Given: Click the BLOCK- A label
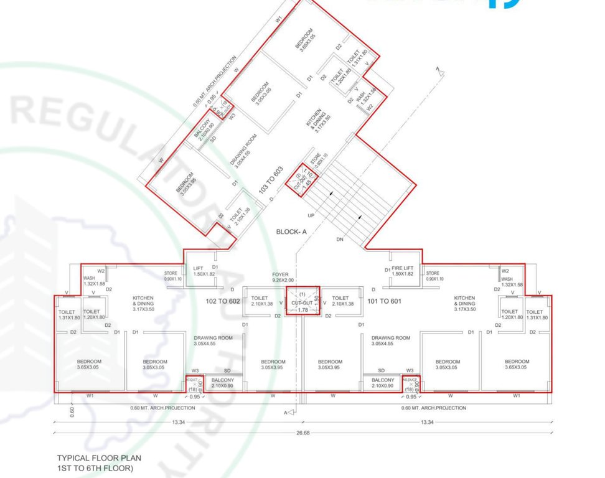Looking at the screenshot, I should [x=293, y=232].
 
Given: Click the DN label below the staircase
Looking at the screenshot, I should [x=339, y=238].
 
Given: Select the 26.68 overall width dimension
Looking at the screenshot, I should [x=302, y=431].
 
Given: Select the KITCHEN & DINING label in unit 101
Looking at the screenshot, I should [x=465, y=303].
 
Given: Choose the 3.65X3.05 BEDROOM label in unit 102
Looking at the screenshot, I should [x=89, y=364].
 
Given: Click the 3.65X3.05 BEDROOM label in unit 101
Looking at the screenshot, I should [x=517, y=364].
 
